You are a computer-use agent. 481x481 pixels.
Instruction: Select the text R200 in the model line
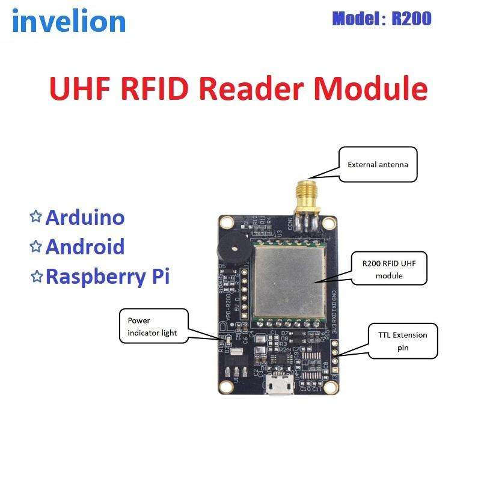pyautogui.click(x=411, y=19)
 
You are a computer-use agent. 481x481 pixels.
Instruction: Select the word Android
pyautogui.click(x=85, y=247)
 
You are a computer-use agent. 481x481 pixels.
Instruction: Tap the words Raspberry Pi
pyautogui.click(x=108, y=277)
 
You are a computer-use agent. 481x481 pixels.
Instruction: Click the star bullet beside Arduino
pyautogui.click(x=36, y=216)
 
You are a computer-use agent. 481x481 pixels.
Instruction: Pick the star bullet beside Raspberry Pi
pyautogui.click(x=36, y=276)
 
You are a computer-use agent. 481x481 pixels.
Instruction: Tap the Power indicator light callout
pyautogui.click(x=153, y=326)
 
